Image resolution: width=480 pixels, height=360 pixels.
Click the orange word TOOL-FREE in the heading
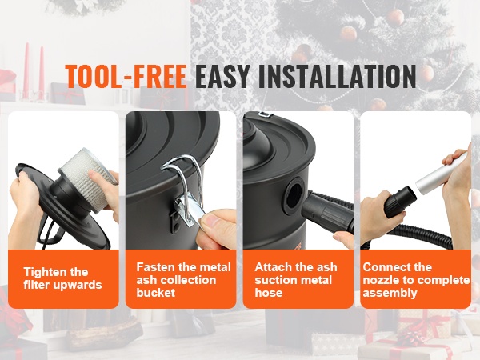click(x=126, y=76)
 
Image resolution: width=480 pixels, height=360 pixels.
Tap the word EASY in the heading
click(x=222, y=76)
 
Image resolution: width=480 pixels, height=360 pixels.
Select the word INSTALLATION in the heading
click(x=338, y=76)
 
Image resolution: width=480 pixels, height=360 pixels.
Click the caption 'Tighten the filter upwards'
click(x=62, y=278)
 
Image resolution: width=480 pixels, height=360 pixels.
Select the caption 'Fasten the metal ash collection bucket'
click(x=183, y=280)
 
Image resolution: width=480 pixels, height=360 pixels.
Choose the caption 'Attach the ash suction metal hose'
click(x=296, y=280)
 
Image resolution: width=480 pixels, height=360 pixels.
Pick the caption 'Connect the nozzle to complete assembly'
click(x=416, y=280)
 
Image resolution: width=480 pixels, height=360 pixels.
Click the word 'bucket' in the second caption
click(x=156, y=293)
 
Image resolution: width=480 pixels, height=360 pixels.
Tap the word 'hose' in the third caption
click(x=269, y=293)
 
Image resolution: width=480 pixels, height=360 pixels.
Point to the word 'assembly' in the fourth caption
click(x=390, y=293)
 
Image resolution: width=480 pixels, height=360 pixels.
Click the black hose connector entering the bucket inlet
click(x=327, y=212)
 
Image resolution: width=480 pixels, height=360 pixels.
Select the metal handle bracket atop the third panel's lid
click(x=265, y=114)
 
